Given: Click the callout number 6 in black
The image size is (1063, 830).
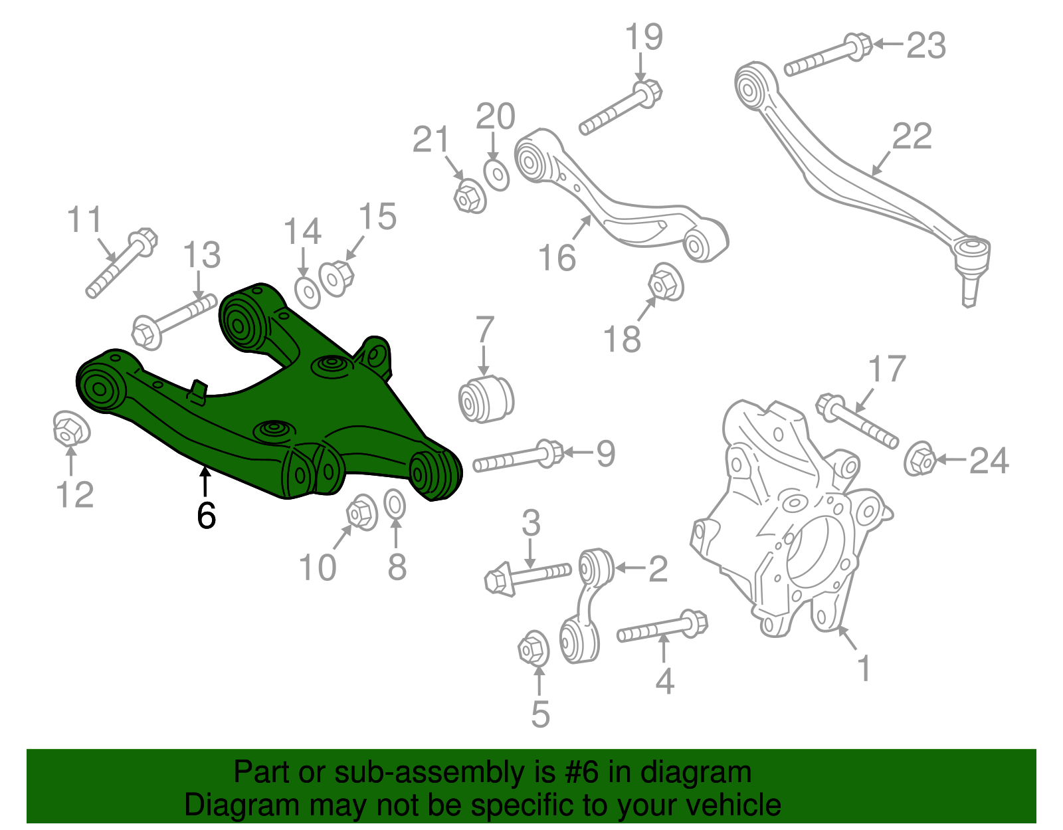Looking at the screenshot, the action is tap(206, 514).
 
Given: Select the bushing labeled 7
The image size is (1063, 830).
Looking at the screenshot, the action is tap(486, 398).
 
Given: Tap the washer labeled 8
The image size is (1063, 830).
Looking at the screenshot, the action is tap(394, 504).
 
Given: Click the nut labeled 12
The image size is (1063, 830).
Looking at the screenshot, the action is tap(72, 429).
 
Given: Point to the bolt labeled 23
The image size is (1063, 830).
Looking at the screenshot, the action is tap(828, 54).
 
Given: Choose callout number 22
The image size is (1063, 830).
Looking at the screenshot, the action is tap(912, 136).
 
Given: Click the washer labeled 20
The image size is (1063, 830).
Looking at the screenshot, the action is tap(496, 174).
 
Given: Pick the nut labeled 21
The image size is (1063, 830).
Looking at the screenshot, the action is tap(470, 195).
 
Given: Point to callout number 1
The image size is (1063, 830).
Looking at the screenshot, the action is tap(864, 668).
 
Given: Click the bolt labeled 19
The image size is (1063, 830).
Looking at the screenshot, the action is tap(621, 108).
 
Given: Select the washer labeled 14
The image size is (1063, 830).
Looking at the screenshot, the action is tap(307, 292).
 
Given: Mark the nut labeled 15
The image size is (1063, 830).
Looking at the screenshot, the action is tap(337, 279).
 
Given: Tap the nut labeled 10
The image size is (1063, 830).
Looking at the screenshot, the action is tap(362, 512).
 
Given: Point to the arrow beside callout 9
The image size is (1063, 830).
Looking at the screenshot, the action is tap(578, 452).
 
